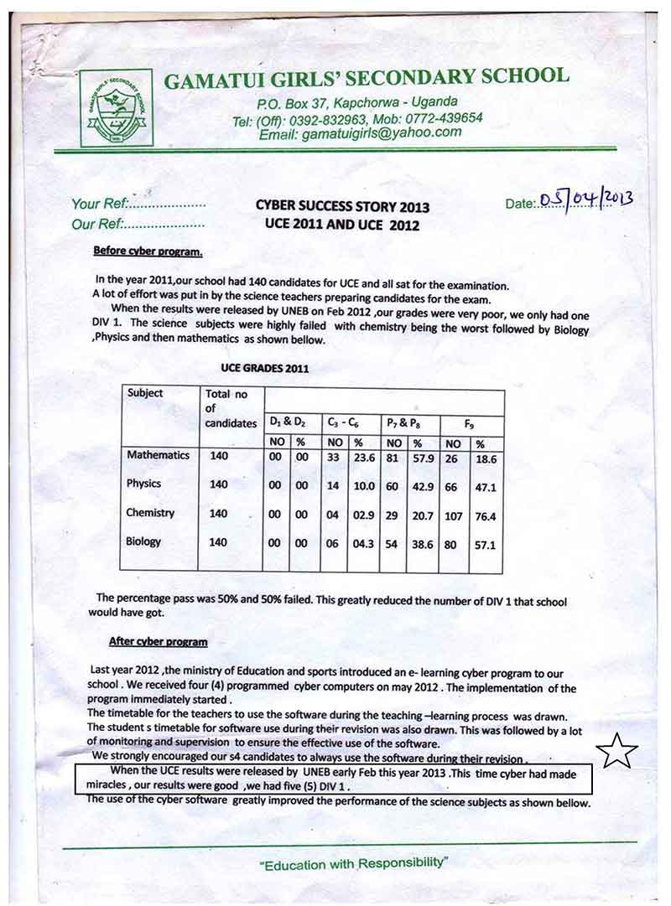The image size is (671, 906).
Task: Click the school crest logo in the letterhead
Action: pos(116,108)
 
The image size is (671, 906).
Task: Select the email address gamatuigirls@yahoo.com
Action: pos(360,133)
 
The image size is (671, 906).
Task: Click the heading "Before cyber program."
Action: pos(148,251)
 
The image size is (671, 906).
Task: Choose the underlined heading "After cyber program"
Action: pos(159,642)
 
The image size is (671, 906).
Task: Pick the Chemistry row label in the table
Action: pos(150,513)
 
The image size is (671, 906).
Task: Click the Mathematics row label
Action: pos(158,455)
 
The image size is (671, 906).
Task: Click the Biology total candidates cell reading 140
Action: pos(218,542)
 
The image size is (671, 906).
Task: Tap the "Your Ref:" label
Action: pos(99,204)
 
